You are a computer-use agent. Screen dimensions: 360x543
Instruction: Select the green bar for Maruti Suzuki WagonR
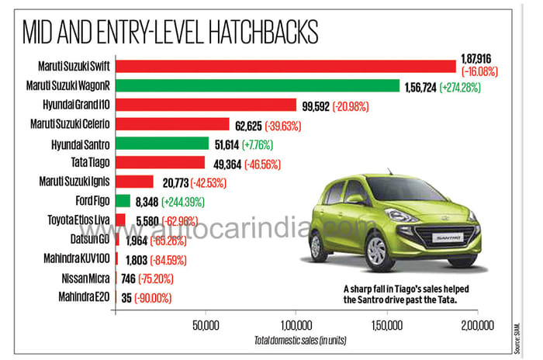click(257, 85)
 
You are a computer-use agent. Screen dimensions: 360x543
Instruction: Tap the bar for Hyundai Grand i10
click(206, 105)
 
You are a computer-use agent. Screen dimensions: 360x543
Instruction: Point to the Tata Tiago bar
click(159, 162)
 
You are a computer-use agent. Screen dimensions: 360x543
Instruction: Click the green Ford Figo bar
click(122, 200)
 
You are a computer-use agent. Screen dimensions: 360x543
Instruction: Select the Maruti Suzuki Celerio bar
click(171, 124)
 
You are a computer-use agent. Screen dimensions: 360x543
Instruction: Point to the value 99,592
click(313, 106)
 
